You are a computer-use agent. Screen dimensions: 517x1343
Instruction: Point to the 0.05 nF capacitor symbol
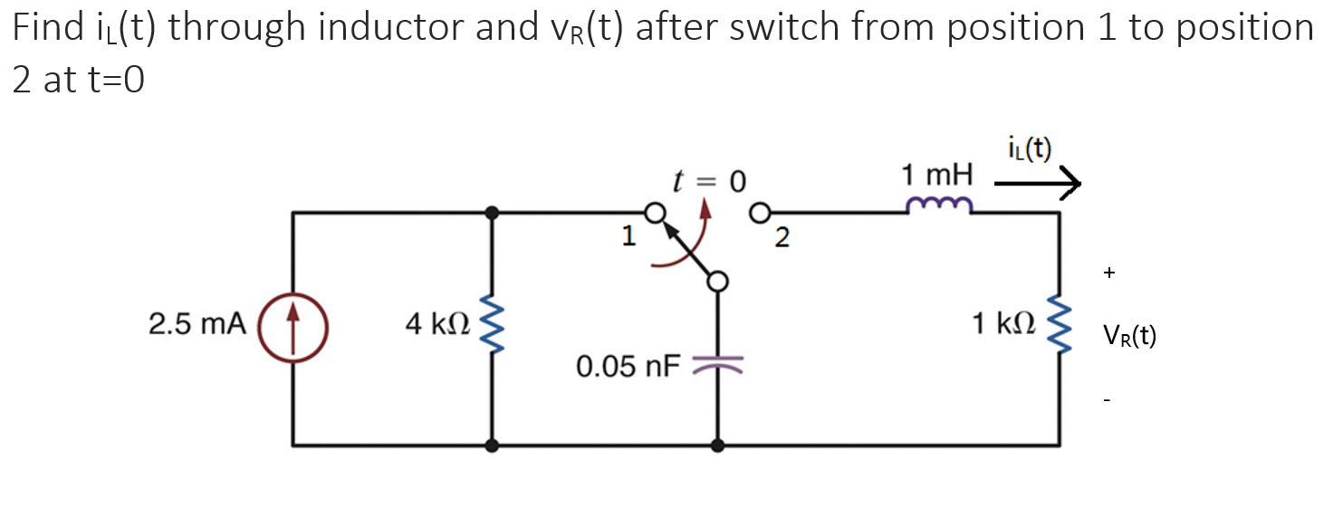click(717, 364)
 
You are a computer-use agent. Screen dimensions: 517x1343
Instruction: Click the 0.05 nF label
click(628, 367)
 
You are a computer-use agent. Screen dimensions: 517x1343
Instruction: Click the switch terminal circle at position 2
click(761, 214)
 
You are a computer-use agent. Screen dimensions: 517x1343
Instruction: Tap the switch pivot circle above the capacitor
click(717, 282)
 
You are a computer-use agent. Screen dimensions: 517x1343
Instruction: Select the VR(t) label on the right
click(1129, 337)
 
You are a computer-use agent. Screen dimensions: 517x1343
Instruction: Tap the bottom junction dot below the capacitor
click(717, 445)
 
